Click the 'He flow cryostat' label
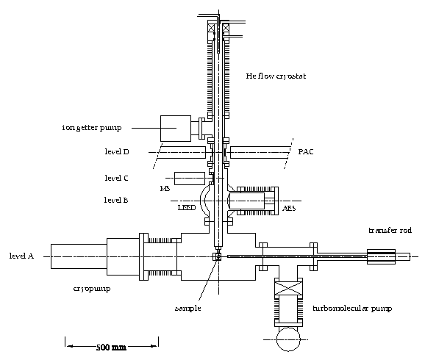coord(276,76)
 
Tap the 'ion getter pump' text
coord(92,128)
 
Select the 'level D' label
coord(117,151)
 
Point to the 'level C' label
coord(117,178)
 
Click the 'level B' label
coord(116,200)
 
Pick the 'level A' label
coord(21,256)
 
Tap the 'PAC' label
coord(306,151)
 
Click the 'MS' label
coord(165,189)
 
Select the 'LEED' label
coord(187,208)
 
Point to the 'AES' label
coord(289,209)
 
